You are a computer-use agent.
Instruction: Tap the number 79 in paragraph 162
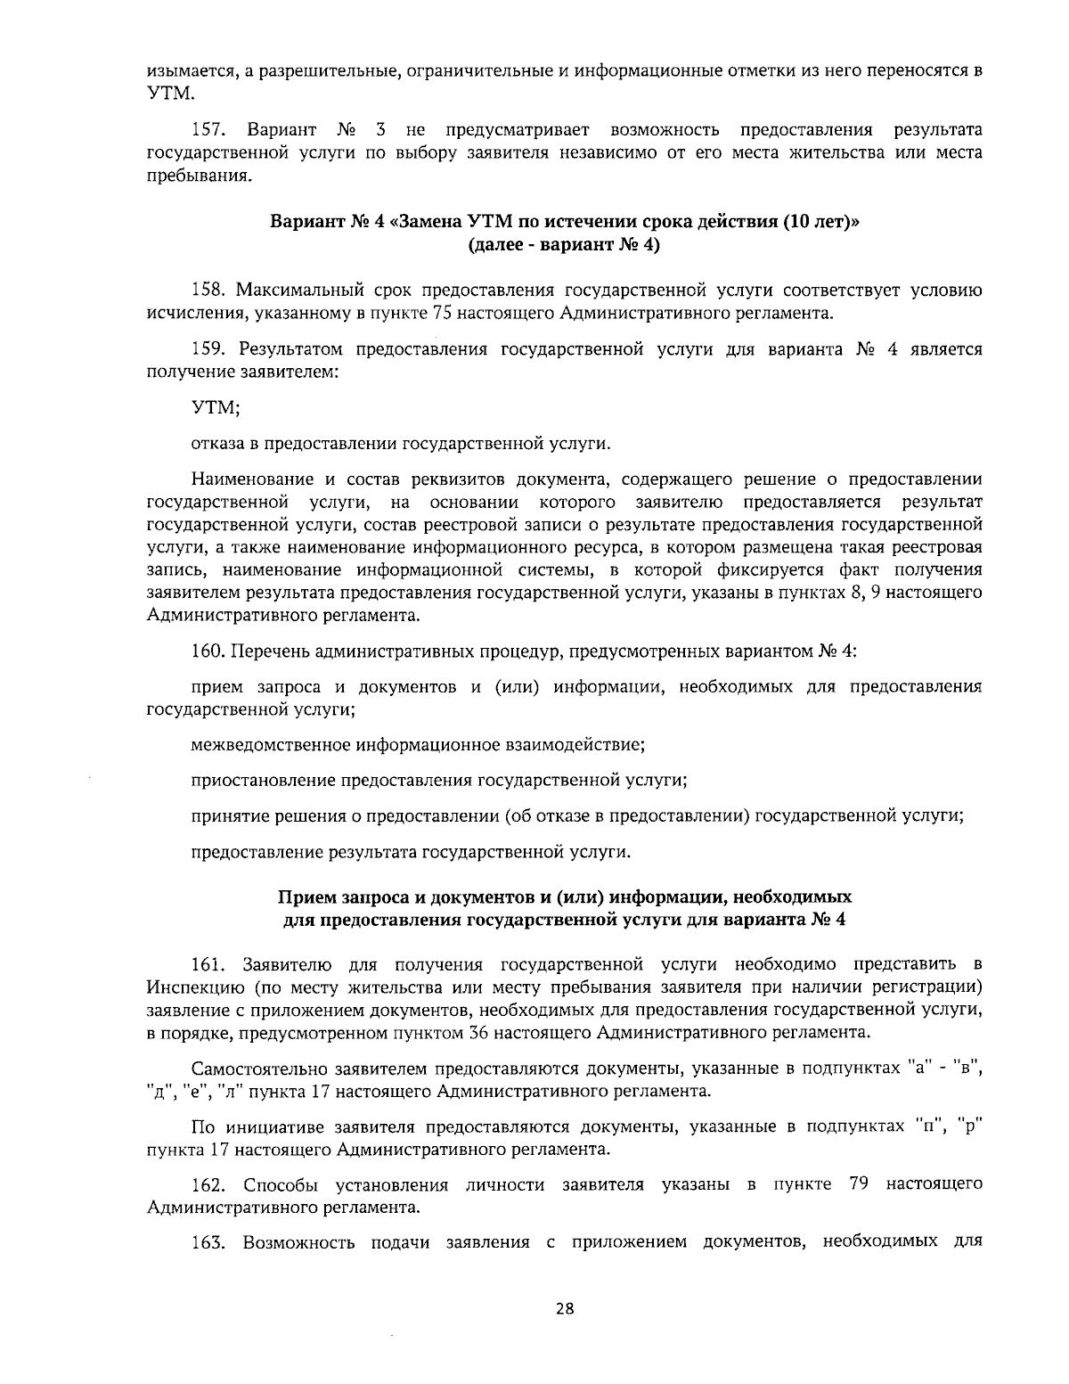tap(860, 1185)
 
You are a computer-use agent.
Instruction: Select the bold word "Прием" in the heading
tap(306, 896)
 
